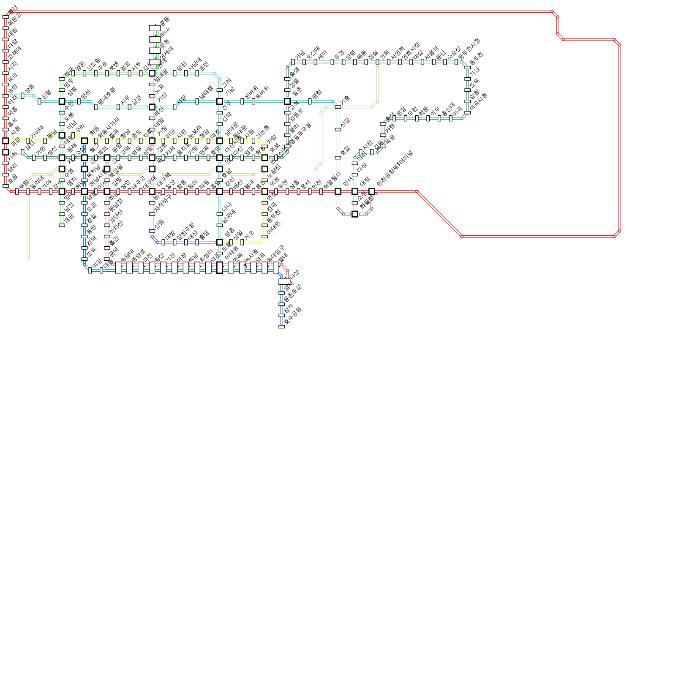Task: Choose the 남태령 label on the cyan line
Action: pos(207,93)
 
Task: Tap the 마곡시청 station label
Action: pos(479,103)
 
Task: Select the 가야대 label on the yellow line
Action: pos(37,132)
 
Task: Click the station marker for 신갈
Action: pos(338,130)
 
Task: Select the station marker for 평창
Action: pos(310,101)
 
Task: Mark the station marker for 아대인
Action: pos(264,237)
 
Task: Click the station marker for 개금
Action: pos(62,225)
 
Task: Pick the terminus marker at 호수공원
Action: pos(282,327)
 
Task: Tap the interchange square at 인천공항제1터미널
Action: pos(372,191)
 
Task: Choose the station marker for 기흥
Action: pos(338,107)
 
